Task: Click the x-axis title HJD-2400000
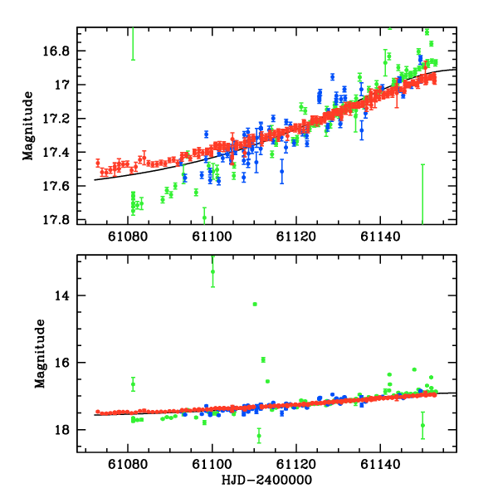pos(266,481)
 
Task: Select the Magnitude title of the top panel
pos(28,125)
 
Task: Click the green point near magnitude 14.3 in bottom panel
pos(255,304)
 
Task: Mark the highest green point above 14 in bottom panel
pos(213,271)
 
